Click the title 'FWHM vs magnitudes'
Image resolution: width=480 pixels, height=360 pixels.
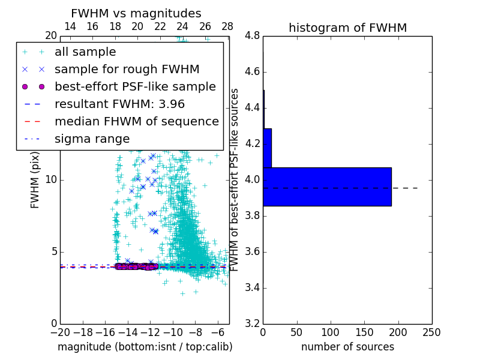point(136,14)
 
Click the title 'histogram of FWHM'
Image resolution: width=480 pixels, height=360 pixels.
point(347,28)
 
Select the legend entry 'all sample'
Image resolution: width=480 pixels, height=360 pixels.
point(85,52)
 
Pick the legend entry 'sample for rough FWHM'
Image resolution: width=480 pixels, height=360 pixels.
point(127,70)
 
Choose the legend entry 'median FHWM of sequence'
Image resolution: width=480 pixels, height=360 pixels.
point(136,122)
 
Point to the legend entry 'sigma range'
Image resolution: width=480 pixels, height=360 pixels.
point(92,139)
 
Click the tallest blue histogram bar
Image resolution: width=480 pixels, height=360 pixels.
point(327,187)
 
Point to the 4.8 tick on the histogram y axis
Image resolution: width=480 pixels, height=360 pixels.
point(252,36)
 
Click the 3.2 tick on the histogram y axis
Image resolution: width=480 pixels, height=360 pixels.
point(252,324)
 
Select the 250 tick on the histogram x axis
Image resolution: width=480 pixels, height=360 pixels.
point(432,332)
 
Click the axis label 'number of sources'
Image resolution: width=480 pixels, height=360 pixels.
point(347,347)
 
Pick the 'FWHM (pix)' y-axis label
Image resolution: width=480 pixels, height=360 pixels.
point(35,180)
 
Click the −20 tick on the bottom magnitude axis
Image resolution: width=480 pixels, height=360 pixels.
point(60,332)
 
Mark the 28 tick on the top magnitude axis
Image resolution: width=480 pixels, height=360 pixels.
point(227,27)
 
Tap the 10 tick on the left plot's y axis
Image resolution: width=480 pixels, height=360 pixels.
point(51,180)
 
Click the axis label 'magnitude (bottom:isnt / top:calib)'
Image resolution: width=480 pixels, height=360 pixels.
point(145,347)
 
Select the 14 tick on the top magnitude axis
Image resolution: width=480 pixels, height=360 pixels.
point(70,27)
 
